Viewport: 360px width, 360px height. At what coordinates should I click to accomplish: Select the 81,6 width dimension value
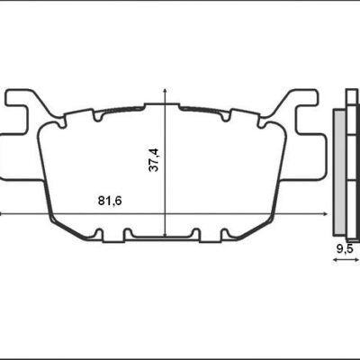pos(111,201)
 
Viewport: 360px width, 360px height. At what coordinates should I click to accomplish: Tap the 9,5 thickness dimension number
pos(343,246)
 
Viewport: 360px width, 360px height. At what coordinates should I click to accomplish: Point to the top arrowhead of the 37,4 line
pos(165,91)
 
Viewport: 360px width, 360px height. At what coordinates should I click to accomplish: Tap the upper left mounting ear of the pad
pos(22,99)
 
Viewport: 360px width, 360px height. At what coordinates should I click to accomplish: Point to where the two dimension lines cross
pos(165,213)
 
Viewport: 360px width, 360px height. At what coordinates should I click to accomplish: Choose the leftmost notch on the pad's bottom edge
pos(101,236)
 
